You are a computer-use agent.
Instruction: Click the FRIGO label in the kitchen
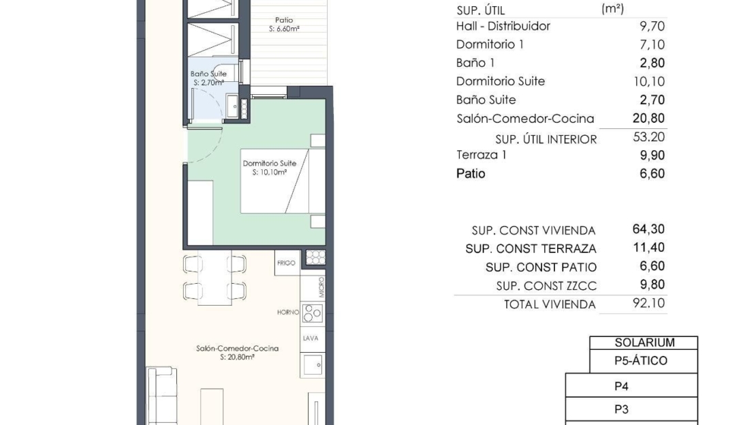286,263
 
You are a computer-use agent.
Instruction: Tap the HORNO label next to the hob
288,312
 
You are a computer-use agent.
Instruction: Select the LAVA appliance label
311,338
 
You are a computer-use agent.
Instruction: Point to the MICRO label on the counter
321,287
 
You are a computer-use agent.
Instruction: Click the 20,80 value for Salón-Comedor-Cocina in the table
648,118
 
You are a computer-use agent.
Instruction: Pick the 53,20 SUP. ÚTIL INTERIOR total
648,137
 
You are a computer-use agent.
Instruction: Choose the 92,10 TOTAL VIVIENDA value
648,304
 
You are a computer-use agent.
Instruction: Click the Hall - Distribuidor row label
503,26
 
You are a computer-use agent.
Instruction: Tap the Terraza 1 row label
481,155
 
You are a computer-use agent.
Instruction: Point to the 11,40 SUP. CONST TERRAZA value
648,248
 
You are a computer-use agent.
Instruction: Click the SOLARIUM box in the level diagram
644,342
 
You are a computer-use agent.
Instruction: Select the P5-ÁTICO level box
644,361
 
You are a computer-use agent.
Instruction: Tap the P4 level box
631,385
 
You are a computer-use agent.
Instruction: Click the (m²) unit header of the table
612,9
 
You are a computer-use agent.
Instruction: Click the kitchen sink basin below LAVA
313,365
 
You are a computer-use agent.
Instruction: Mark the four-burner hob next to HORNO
313,313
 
